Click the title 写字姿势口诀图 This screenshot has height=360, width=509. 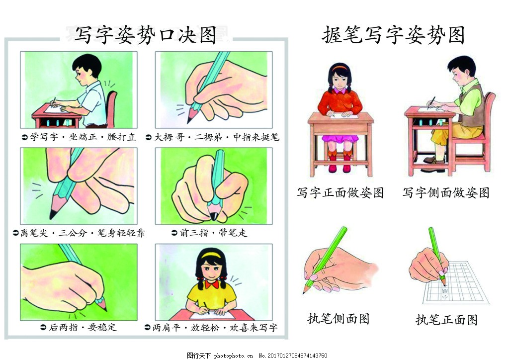pos(145,36)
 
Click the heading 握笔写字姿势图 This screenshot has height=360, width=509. pos(393,36)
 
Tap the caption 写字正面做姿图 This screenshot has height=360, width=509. pos(340,193)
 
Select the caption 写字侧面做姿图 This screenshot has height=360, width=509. pos(446,193)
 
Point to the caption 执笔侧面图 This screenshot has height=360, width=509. pos(339,319)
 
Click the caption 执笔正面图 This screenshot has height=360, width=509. pos(446,320)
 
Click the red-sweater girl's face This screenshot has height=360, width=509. pos(340,80)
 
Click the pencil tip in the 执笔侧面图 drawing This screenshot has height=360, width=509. pos(305,292)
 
